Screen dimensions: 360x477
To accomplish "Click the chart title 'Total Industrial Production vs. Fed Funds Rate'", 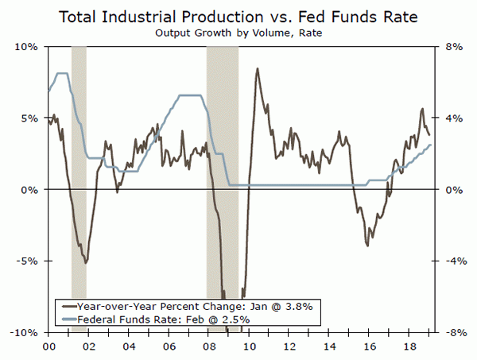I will coord(238,17).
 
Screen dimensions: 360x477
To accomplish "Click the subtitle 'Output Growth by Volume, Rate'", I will coord(238,33).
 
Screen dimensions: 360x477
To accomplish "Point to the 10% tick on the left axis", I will coord(29,47).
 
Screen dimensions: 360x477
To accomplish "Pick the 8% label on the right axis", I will coord(449,47).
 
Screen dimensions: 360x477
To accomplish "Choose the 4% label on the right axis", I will coord(449,118).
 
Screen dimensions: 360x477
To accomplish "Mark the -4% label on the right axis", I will coord(448,261).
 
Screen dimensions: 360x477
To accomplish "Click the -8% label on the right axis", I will coord(448,333).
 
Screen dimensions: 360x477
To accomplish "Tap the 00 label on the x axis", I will coord(48,347).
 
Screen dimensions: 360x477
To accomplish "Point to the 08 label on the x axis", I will coord(208,347).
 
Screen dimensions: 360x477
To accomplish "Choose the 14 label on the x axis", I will coord(329,347).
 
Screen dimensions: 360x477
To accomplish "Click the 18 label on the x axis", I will coord(409,347).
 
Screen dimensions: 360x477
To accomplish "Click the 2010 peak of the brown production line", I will coord(257,69).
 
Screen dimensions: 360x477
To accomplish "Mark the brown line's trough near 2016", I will coord(367,245).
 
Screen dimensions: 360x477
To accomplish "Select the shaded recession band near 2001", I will coord(79,159).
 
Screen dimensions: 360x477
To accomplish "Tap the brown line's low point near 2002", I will coord(85,261).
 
